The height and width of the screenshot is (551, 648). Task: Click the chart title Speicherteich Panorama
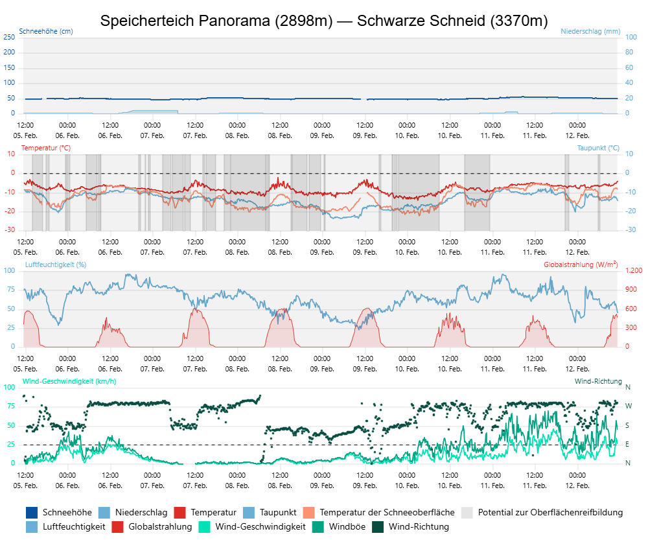324,21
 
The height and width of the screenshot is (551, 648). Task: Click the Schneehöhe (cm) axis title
46,31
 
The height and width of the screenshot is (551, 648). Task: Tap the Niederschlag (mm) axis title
590,31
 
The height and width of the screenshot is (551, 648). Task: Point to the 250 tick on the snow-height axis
9,37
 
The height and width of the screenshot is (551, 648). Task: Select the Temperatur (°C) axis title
46,148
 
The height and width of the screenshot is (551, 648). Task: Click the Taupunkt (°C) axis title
598,148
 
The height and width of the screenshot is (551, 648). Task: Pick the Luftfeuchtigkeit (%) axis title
56,264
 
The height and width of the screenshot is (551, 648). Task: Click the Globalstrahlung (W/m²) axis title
580,264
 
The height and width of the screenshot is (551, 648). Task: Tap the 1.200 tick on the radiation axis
633,270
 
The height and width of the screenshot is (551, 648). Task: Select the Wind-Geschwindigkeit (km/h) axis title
69,381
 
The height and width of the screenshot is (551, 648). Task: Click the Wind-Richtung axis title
598,381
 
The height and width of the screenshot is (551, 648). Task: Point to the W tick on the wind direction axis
628,406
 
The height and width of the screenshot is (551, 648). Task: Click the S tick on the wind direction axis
627,425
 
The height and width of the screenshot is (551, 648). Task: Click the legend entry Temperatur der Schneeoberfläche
387,512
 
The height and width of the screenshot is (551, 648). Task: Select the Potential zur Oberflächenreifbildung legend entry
550,512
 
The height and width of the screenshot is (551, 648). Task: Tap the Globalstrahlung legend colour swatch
118,526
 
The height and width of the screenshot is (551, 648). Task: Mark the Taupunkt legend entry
278,512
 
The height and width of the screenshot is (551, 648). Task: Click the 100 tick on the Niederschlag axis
630,37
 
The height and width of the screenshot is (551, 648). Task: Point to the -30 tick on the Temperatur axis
10,230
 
